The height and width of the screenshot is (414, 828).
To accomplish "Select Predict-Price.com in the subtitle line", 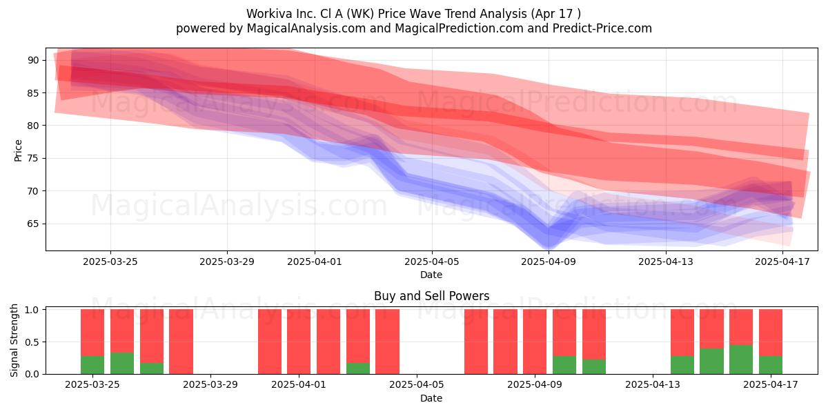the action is (x=602, y=28).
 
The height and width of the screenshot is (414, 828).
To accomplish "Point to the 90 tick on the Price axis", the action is (x=33, y=60).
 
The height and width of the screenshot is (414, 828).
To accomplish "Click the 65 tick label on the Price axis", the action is (x=33, y=224).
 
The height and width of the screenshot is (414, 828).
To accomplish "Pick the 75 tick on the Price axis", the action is (x=33, y=159).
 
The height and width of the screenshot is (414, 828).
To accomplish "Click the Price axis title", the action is (x=18, y=151).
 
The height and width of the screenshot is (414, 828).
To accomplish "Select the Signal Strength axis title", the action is (x=14, y=340).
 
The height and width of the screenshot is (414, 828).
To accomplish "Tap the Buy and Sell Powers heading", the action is (x=432, y=296).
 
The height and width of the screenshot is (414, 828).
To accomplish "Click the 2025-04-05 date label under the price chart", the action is (x=432, y=262).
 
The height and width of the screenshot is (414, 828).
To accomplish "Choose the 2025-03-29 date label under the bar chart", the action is (x=210, y=385).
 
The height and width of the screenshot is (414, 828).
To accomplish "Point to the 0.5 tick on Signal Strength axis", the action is (x=32, y=342).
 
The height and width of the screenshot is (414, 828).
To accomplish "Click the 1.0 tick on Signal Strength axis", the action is (x=32, y=310).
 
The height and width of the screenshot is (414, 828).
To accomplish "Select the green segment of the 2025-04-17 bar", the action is (x=771, y=365).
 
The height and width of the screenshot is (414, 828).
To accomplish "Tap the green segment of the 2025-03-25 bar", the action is (x=92, y=365).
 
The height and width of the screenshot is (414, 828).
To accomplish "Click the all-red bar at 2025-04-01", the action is (x=299, y=342).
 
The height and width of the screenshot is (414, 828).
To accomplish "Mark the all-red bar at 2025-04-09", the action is (x=535, y=342).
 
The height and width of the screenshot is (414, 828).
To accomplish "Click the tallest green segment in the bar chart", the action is (x=741, y=359).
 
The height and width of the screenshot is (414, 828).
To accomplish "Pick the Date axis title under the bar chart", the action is (x=431, y=399).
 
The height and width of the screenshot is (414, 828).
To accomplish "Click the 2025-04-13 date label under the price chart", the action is (x=666, y=262).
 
